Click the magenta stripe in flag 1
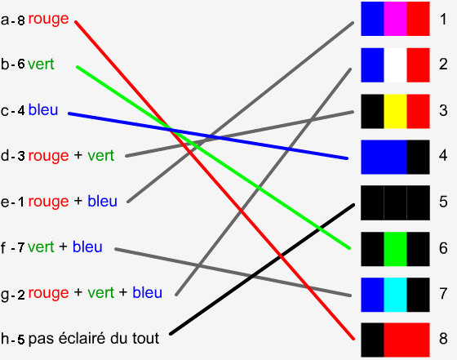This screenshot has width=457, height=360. [x=395, y=19]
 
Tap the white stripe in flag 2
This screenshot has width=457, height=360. [x=395, y=65]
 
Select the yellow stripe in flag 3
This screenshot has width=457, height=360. [x=395, y=111]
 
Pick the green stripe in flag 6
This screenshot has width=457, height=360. [x=395, y=249]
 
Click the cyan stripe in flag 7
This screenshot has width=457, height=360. [x=395, y=295]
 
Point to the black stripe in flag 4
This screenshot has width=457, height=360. [x=418, y=157]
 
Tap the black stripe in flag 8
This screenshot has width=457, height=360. [x=372, y=340]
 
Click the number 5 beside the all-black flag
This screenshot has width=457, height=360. [x=443, y=202]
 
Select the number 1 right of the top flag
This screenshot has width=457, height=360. [x=443, y=20]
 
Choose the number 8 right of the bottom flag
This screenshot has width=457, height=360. [x=443, y=339]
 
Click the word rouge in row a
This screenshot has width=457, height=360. [x=49, y=20]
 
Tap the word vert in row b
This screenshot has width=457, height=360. [x=41, y=64]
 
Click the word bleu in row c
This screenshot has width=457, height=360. [x=43, y=110]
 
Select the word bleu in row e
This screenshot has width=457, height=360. [x=102, y=201]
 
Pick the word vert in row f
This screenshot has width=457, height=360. [x=41, y=247]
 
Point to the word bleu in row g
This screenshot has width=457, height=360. [x=147, y=292]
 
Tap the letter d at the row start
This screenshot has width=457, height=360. [x=5, y=155]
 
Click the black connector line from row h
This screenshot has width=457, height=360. [x=262, y=269]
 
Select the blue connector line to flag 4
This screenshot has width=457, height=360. [x=208, y=136]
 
